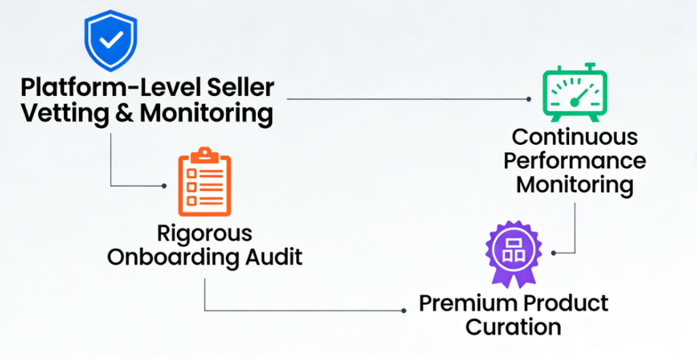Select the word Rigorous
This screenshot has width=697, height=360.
coord(205,233)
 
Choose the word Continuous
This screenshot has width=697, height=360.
coord(575,137)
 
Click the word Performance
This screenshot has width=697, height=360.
coord(575,161)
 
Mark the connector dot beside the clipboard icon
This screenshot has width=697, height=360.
coord(164,185)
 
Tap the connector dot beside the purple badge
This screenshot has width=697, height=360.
coord(553,252)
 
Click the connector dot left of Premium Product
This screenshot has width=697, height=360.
coord(404,310)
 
